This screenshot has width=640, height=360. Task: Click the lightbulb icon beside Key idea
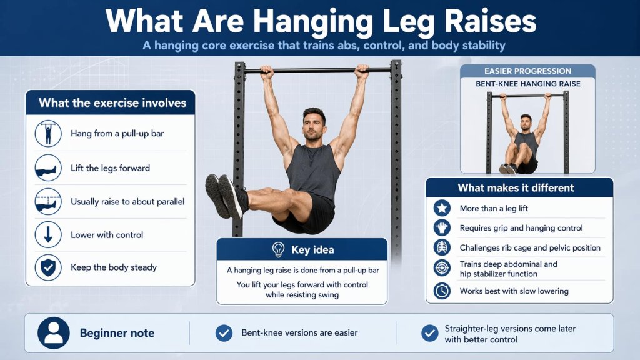point(279,250)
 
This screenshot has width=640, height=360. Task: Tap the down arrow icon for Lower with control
point(48,235)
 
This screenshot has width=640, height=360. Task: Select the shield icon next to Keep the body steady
point(48,267)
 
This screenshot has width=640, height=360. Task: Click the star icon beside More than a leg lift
point(442,209)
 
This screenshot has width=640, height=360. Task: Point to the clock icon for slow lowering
point(442,291)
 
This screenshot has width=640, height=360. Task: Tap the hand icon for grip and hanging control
point(442,228)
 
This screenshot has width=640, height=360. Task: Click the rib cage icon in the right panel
point(442,248)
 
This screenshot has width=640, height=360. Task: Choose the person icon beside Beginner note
point(53,333)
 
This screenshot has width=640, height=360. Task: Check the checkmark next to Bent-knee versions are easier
point(224,333)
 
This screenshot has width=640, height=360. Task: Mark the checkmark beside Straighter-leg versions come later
point(429,333)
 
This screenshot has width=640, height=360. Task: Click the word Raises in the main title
point(488,21)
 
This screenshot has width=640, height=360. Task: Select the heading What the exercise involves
point(112,102)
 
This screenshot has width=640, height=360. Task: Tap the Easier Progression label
point(527,71)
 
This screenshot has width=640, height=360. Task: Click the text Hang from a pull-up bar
point(117,133)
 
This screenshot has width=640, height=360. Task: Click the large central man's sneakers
point(224,196)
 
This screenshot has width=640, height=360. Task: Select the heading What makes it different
point(516,187)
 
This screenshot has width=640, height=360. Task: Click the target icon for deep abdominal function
point(442,269)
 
